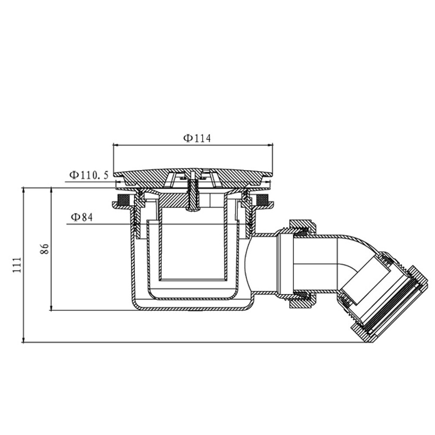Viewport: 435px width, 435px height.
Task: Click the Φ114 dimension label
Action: pos(197,138)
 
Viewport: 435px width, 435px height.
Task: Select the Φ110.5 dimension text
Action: pos(89,175)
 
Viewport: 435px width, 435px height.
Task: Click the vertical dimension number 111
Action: pos(17,265)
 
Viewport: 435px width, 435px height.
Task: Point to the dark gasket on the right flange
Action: pos(262,201)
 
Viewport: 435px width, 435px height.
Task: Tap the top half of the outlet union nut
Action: pos(300,227)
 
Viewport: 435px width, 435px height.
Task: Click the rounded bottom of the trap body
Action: pos(191,307)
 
